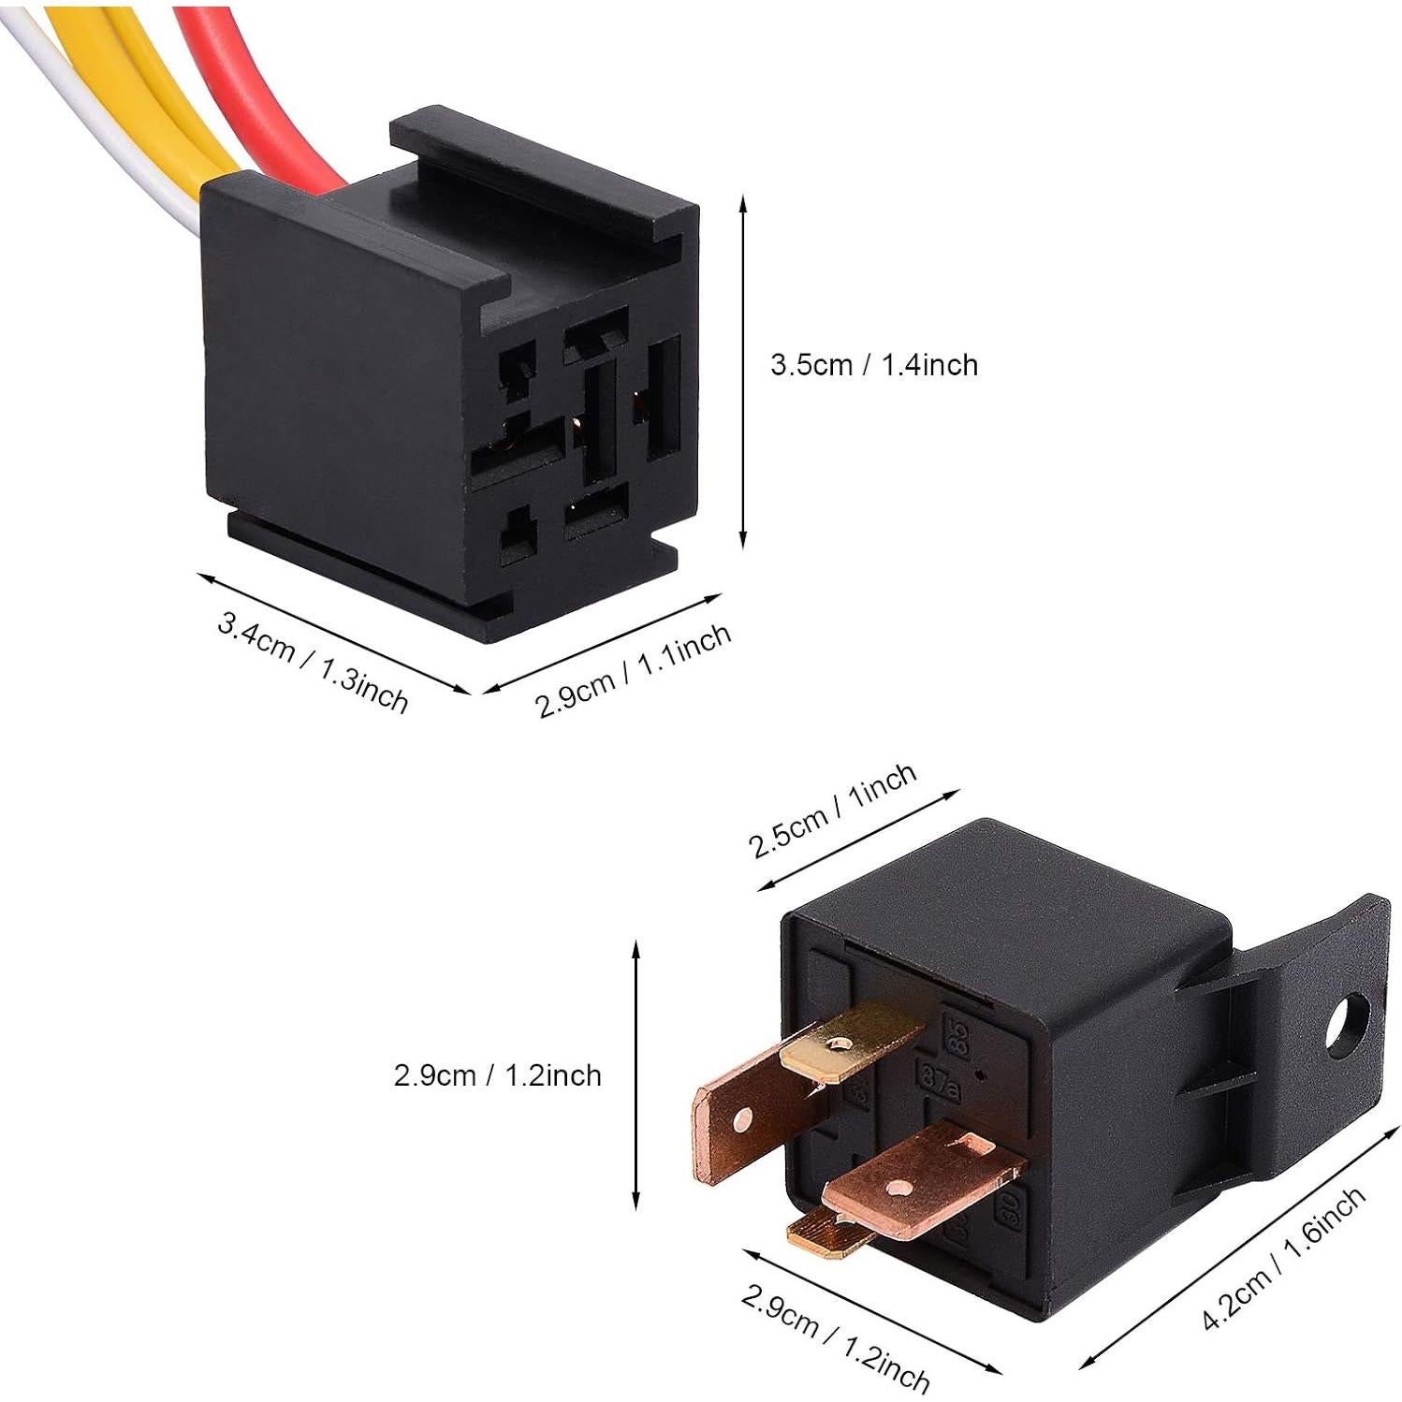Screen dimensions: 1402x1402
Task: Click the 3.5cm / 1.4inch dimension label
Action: pyautogui.click(x=873, y=364)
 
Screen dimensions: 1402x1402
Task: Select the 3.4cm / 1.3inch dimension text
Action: pyautogui.click(x=313, y=661)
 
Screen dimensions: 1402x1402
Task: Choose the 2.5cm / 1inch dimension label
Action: pyautogui.click(x=832, y=810)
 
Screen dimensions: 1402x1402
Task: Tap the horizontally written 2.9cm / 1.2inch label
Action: pyautogui.click(x=497, y=1075)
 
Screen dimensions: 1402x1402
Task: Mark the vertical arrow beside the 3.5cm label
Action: pyautogui.click(x=743, y=372)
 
